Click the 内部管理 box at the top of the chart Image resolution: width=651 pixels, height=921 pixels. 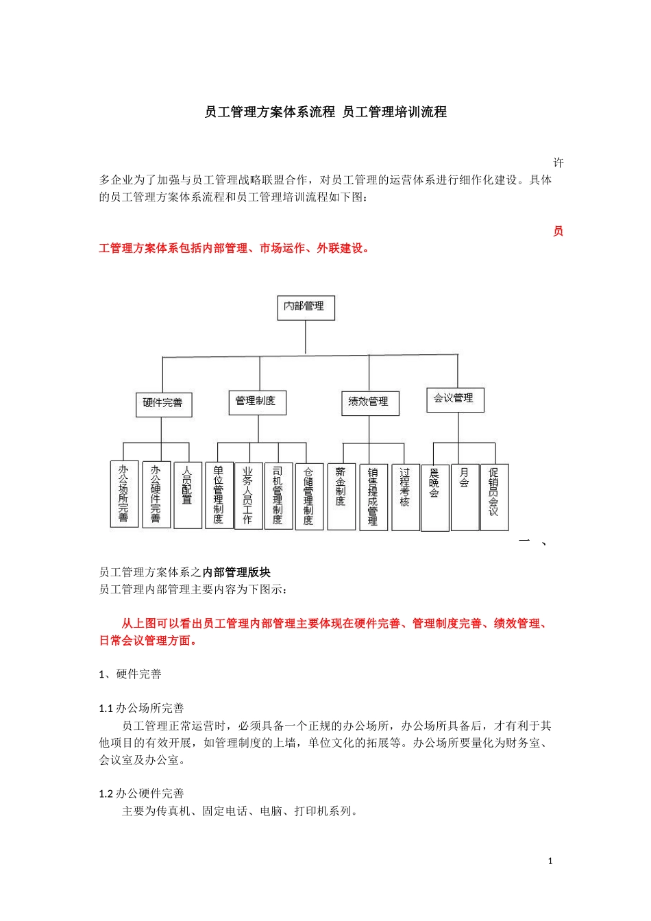pos(305,308)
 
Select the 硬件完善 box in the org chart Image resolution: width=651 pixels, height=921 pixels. pos(163,404)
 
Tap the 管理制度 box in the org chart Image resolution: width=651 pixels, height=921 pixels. pos(256,402)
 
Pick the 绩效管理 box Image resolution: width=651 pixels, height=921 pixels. pos(369,403)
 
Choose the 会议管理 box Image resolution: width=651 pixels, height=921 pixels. pos(455,400)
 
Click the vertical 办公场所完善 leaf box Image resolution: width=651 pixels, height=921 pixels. pos(124,494)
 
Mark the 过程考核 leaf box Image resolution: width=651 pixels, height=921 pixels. pos(405,497)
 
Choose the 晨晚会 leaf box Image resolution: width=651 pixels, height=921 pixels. pos(434,497)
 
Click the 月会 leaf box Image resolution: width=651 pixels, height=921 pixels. pos(465,497)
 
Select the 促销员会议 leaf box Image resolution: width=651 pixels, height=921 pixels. pos(494,497)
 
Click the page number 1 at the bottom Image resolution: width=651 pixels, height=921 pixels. pos(550,861)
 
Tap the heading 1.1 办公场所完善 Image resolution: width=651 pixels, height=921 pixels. pos(141,709)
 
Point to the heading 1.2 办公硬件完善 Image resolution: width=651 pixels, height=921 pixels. pos(141,794)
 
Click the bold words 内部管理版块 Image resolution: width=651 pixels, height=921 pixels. pos(236,572)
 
